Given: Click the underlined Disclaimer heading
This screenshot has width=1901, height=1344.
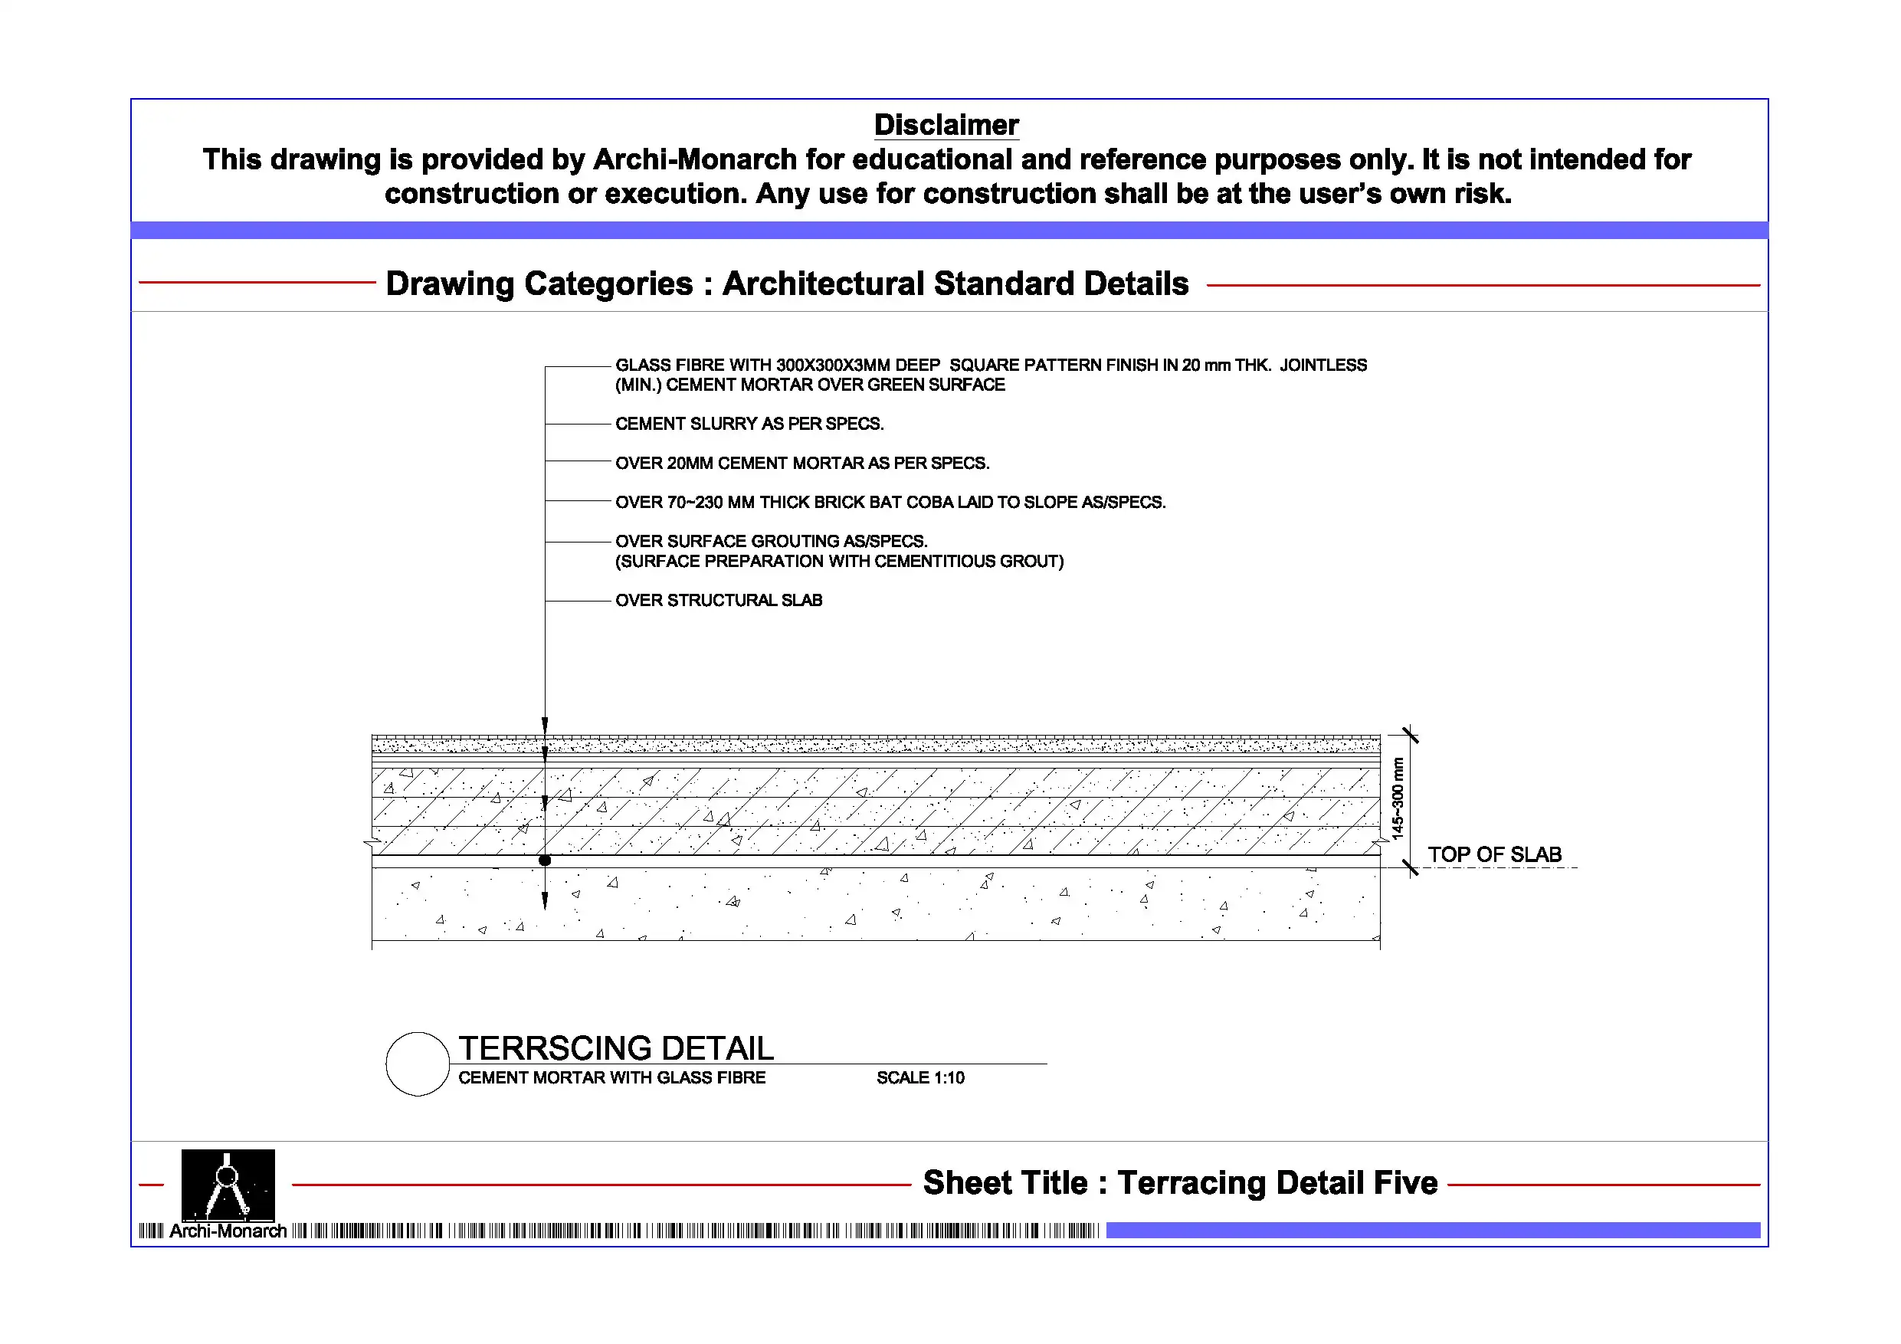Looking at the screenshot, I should [946, 125].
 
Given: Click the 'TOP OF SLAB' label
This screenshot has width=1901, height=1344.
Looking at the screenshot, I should [1493, 854].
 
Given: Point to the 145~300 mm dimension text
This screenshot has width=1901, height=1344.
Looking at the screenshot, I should [1398, 798].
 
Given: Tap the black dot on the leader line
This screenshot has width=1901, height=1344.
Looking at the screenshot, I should [545, 860].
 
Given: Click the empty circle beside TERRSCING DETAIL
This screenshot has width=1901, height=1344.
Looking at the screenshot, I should [418, 1064].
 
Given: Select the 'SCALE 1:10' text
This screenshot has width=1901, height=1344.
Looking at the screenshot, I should [920, 1077].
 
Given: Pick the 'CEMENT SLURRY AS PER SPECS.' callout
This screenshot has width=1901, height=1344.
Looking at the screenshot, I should [749, 424].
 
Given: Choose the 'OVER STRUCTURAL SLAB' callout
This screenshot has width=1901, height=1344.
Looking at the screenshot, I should [719, 601].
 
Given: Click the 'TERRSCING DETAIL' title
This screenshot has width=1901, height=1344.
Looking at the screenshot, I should [616, 1048].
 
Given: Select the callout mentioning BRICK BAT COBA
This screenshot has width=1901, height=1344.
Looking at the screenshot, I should [890, 503].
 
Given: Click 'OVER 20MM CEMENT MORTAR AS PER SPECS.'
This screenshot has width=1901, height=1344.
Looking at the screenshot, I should [802, 463].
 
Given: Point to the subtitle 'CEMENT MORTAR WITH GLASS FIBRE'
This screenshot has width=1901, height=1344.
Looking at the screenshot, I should [612, 1077].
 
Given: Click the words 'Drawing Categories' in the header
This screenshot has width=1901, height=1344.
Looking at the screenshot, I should [538, 284].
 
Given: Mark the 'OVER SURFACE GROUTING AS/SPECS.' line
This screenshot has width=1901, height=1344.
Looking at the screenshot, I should [771, 542].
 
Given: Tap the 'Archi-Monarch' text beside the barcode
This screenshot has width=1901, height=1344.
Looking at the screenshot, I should [228, 1231].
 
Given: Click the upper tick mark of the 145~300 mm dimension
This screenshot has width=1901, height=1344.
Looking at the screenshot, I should [1410, 736].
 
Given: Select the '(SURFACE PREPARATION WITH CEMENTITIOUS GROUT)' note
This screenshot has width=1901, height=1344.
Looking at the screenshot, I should [839, 562].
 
